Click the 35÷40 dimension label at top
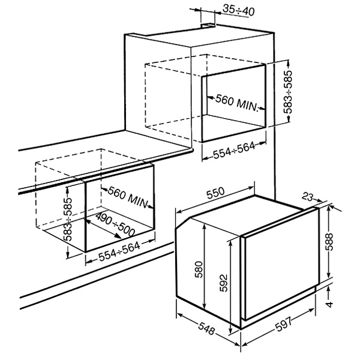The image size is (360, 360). [239, 10]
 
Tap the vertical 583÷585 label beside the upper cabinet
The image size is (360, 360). [287, 92]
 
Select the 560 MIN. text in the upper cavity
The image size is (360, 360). [237, 103]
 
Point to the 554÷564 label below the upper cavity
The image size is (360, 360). [234, 150]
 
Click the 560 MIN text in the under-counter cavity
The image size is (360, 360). [127, 197]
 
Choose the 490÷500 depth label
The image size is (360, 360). [115, 224]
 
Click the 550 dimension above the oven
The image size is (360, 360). [215, 193]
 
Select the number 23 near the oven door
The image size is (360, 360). [307, 197]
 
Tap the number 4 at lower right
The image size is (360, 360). [329, 304]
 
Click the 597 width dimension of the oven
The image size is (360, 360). [284, 324]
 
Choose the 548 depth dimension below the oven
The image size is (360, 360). [206, 328]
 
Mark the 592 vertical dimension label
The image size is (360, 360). [223, 283]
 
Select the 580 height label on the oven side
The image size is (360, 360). [199, 269]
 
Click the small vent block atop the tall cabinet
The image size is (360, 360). [208, 26]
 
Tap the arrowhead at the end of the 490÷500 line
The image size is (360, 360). [118, 236]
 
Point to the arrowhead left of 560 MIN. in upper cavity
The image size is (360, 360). [210, 98]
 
